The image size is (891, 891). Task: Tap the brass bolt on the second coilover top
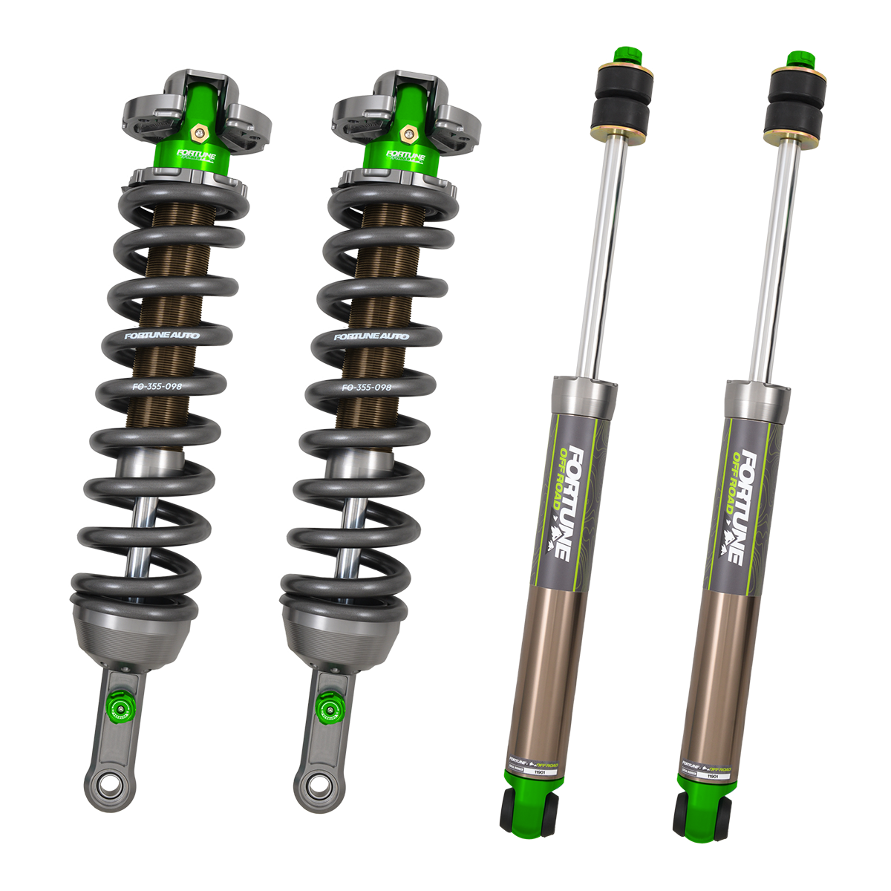pos(406,133)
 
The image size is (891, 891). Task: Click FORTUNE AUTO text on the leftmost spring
pos(162,336)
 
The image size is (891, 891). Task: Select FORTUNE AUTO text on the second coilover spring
pos(371,336)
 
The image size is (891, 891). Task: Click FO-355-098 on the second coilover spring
pos(366,388)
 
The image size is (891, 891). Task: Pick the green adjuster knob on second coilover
pos(327,705)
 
